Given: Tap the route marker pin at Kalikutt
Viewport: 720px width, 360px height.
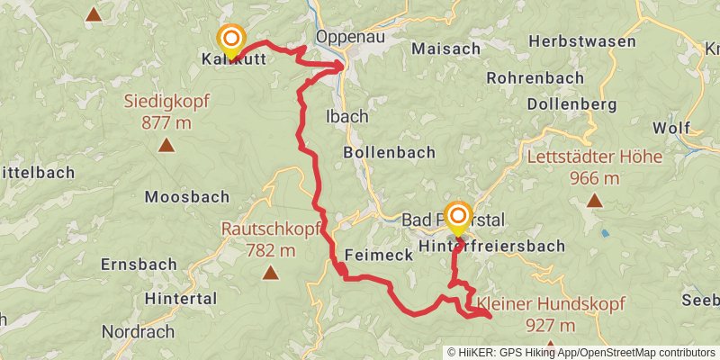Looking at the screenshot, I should [x=232, y=40].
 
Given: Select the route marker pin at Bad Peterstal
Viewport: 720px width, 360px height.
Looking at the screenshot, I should [x=458, y=217].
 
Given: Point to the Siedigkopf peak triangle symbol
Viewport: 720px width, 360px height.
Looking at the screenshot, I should [x=166, y=144].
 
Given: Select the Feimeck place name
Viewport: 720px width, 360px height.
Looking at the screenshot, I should [x=378, y=256].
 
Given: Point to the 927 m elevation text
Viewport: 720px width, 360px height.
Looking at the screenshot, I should [x=551, y=325].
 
